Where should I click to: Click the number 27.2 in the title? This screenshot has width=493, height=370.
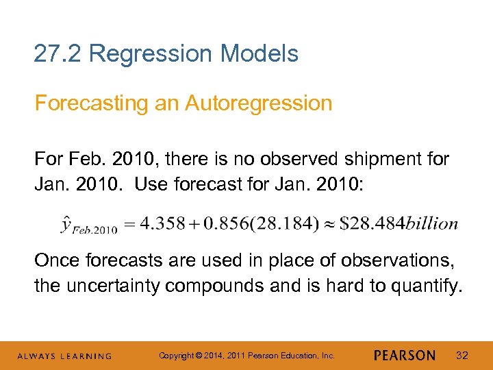[x=58, y=53]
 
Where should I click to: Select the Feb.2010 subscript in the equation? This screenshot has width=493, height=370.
[x=95, y=229]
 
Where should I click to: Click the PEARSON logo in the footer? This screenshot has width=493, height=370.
[x=405, y=355]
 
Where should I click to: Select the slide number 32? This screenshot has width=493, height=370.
[x=462, y=355]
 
